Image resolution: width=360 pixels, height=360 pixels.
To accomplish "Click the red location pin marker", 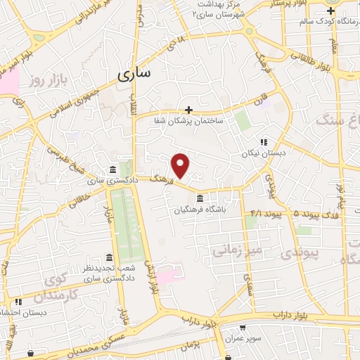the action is (181, 165).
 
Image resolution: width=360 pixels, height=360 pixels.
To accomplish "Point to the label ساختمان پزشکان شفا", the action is (188, 121).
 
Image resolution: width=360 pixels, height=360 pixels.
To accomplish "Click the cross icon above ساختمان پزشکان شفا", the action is (188, 110).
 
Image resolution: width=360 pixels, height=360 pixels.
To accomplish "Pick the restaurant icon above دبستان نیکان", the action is (264, 141).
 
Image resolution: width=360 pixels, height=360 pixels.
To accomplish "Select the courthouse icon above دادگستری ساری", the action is (113, 170).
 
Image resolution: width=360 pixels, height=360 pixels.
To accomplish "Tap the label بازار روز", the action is (47, 82).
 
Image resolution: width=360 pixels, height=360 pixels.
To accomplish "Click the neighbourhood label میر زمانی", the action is (238, 249).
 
